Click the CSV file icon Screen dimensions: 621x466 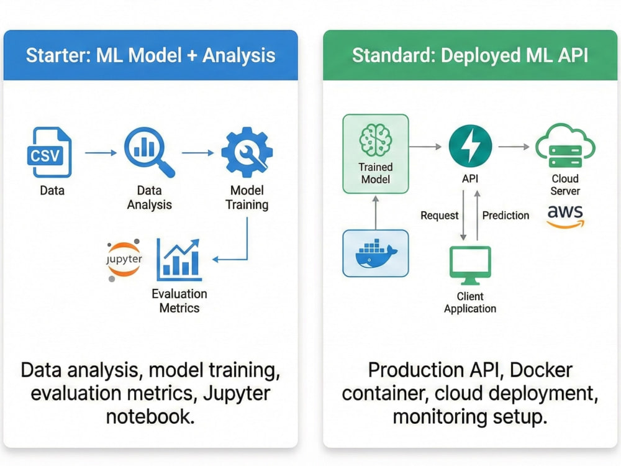pyautogui.click(x=50, y=152)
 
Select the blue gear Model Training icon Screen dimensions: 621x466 pyautogui.click(x=247, y=152)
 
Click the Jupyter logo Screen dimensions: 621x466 pyautogui.click(x=124, y=260)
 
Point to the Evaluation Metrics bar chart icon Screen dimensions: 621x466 pyautogui.click(x=179, y=260)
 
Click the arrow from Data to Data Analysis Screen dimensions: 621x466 pyautogui.click(x=101, y=153)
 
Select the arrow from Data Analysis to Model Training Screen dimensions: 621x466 pyautogui.click(x=197, y=153)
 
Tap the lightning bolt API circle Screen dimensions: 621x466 pyautogui.click(x=470, y=146)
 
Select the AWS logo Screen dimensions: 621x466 pyautogui.click(x=565, y=217)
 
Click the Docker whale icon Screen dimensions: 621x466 pyautogui.click(x=376, y=254)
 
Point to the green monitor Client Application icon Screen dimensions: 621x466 pyautogui.click(x=470, y=265)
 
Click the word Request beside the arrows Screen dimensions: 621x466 pyautogui.click(x=439, y=216)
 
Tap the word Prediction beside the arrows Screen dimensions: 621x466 pyautogui.click(x=505, y=216)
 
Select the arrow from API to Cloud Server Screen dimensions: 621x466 pyautogui.click(x=514, y=147)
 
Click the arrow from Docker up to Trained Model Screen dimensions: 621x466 pyautogui.click(x=376, y=212)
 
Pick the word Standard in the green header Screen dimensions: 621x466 pyautogui.click(x=394, y=55)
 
